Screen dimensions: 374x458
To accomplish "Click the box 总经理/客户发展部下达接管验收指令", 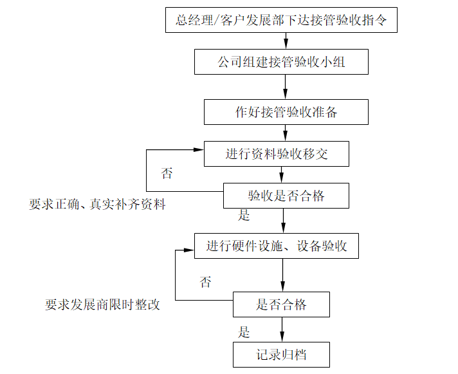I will pos(280,20).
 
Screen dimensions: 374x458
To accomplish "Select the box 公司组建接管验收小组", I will pos(282,62).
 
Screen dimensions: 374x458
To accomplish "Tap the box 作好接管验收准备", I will pos(286,112).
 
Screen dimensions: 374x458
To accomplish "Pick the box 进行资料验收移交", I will pos(277,154).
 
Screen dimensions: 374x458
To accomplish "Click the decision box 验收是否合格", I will pos(286,196).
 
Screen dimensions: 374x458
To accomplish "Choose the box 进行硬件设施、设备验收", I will pos(277,246).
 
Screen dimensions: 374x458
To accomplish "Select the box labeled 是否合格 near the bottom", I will pos(281,304).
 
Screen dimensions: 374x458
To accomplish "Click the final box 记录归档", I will pos(281,355).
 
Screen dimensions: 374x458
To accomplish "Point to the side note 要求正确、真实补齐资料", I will pos(97,205).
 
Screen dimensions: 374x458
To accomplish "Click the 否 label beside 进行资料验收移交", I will pos(167,173).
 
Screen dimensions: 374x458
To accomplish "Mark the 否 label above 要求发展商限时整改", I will pos(205,282).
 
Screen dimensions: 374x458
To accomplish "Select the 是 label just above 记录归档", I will pos(244,332).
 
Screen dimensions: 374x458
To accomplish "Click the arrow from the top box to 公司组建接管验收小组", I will pos(286,41).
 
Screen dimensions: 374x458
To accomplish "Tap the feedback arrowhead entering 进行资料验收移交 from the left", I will pos(199,150).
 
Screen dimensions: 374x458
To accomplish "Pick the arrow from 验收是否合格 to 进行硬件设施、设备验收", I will pos(283,221).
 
